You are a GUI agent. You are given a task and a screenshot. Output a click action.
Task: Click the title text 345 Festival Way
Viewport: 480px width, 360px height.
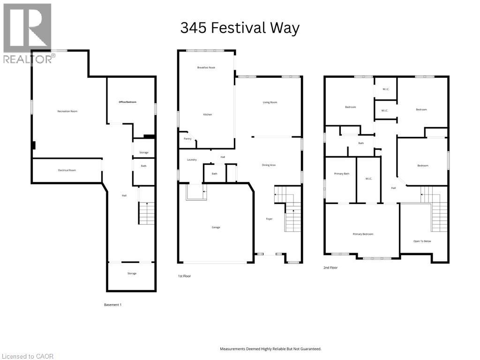(x=240, y=28)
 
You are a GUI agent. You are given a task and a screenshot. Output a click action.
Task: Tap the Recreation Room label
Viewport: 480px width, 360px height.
(x=67, y=111)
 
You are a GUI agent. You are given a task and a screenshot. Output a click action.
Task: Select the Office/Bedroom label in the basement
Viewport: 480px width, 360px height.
(x=127, y=102)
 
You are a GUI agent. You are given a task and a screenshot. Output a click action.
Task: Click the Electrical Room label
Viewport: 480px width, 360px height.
(x=67, y=170)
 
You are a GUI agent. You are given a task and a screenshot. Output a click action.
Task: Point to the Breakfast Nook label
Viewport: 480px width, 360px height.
(x=206, y=67)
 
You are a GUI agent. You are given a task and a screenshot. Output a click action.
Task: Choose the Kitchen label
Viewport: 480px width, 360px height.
(x=208, y=114)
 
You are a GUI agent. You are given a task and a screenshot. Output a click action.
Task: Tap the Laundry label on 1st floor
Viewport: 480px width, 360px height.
(x=191, y=160)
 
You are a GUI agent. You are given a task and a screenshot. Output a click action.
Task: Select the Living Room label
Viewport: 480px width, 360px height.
(x=270, y=102)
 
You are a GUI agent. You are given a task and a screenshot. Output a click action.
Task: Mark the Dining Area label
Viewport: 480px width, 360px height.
(x=269, y=165)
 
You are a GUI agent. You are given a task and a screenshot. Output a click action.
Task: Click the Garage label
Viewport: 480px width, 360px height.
(x=216, y=227)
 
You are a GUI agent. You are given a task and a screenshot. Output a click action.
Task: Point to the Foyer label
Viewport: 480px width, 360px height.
(x=269, y=219)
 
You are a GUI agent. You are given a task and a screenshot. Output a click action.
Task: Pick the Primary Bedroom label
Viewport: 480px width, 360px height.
(x=363, y=234)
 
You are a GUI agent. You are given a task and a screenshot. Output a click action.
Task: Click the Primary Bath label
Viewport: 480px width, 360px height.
(x=342, y=174)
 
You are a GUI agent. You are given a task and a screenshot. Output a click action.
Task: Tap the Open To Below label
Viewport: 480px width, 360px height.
(x=422, y=241)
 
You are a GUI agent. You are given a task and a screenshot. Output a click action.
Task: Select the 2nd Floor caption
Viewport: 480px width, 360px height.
(x=330, y=268)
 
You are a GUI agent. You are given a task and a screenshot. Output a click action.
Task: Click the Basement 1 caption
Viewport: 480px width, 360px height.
(x=112, y=305)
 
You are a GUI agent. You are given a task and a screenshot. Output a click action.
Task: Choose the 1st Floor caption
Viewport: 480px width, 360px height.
(x=184, y=276)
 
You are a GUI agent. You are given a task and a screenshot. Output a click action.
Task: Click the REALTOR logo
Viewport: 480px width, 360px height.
(x=28, y=33)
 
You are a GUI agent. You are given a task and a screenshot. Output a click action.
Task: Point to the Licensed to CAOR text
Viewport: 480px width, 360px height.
(x=27, y=356)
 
